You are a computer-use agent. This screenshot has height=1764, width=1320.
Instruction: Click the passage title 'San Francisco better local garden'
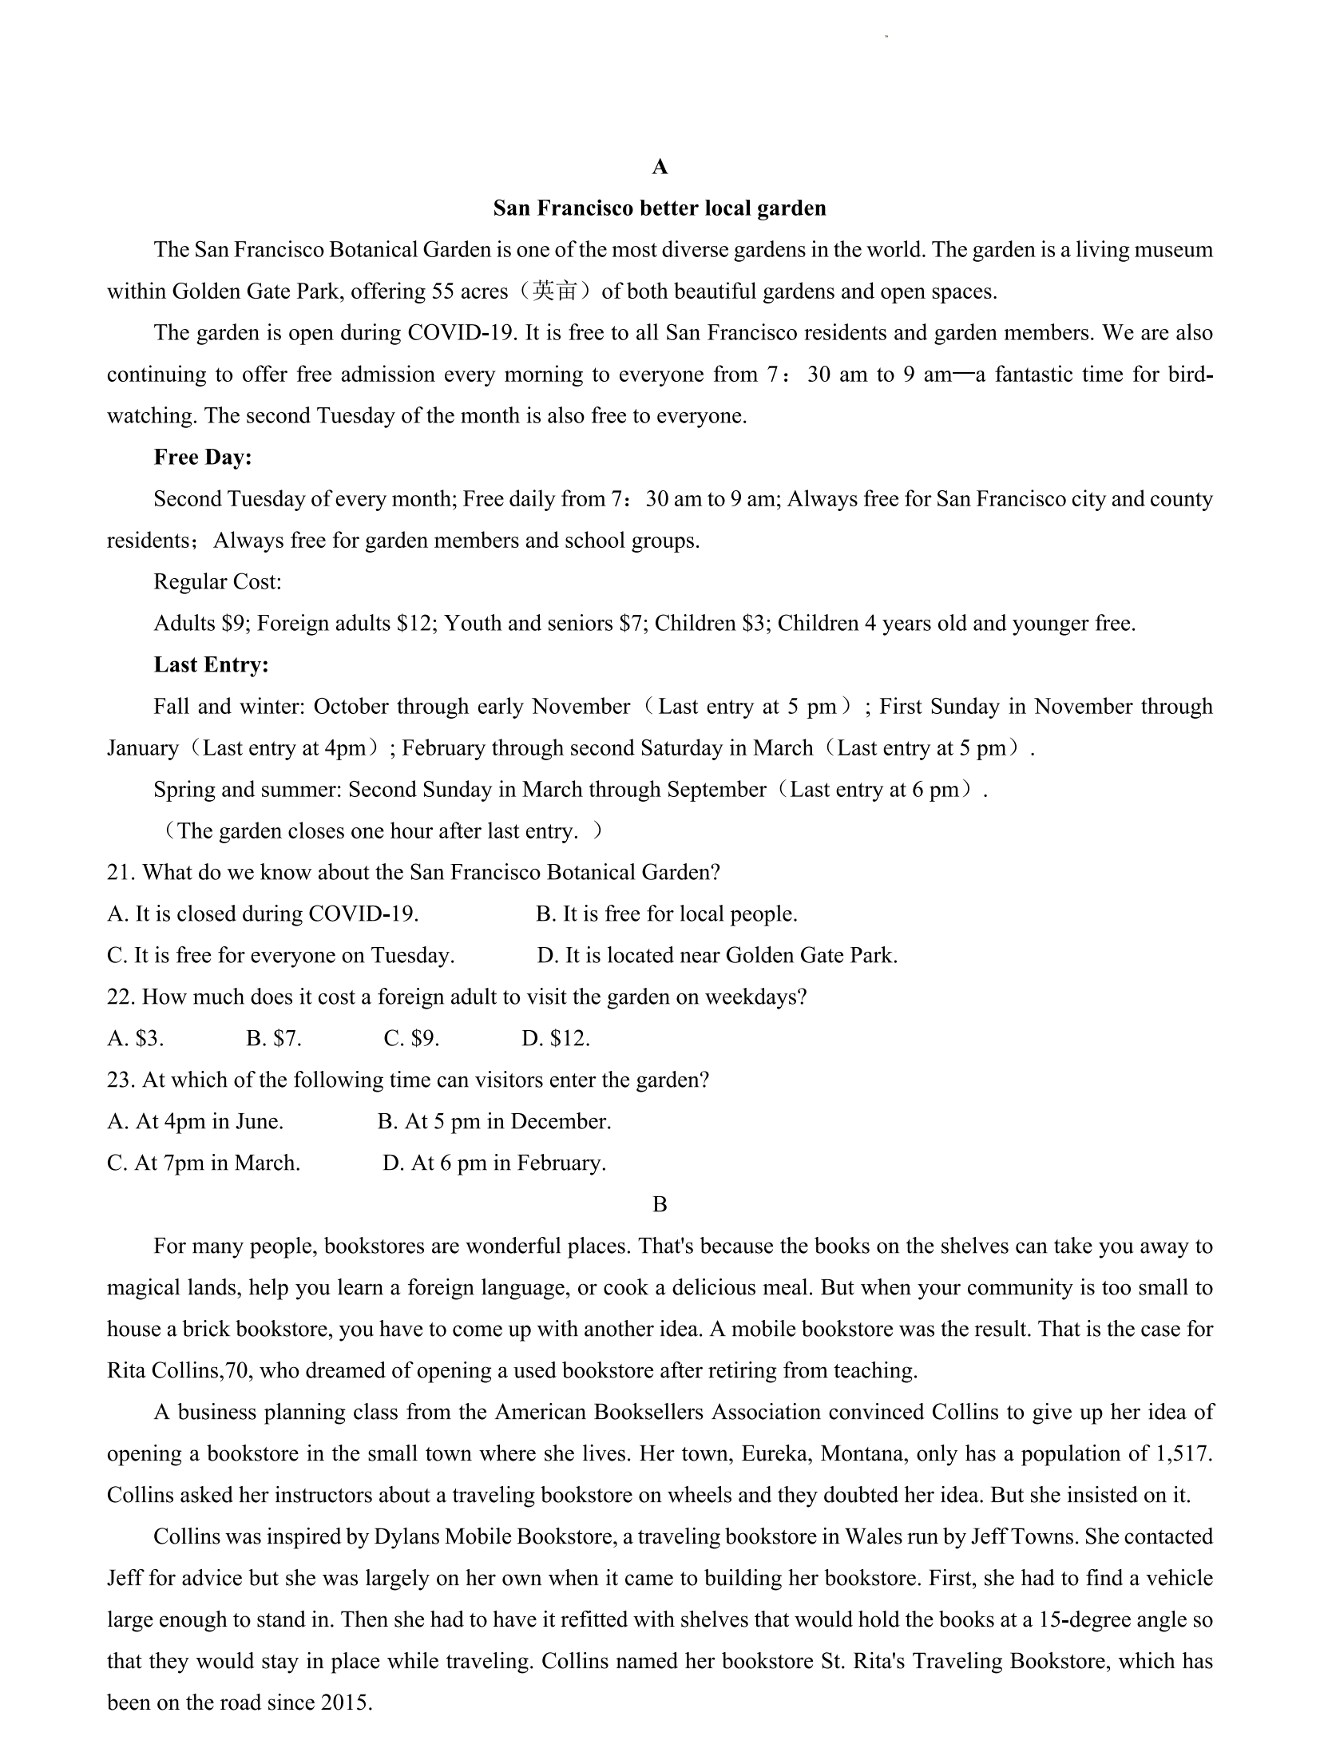coord(659,208)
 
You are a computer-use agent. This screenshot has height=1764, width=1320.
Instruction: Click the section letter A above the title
coord(660,167)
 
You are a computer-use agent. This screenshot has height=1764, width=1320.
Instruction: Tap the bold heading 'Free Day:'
coord(203,458)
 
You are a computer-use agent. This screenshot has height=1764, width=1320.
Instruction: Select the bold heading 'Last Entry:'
coord(211,665)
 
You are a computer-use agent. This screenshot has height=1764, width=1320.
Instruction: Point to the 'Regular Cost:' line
coord(217,582)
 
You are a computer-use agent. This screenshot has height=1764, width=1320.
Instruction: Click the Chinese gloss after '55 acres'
coord(554,291)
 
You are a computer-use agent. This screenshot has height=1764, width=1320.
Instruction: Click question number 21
coord(121,873)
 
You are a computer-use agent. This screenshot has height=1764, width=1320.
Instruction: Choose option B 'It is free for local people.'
coord(666,914)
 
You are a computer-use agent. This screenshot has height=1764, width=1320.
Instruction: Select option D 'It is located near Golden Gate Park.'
coord(717,956)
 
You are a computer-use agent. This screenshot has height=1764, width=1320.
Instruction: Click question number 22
coord(121,997)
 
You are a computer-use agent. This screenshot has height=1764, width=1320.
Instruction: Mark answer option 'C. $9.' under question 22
coord(411,1039)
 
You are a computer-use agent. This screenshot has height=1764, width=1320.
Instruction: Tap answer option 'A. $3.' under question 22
coord(136,1039)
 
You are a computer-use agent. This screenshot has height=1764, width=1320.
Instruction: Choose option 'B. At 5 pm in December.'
coord(494,1122)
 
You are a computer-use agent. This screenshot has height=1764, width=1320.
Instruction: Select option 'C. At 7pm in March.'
coord(204,1163)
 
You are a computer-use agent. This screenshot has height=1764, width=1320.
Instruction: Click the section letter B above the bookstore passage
coord(660,1205)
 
